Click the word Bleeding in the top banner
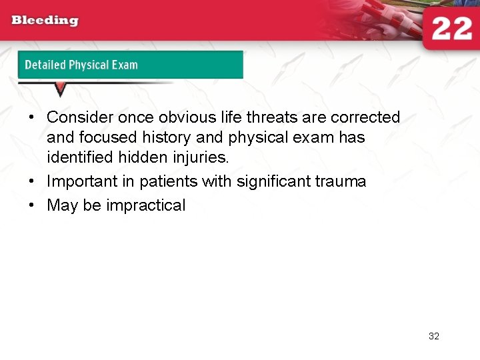point(45,20)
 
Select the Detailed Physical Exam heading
point(81,65)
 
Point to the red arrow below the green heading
point(60,89)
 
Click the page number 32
point(434,336)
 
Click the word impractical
point(145,205)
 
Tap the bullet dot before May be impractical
point(31,205)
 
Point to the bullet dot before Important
point(31,181)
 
